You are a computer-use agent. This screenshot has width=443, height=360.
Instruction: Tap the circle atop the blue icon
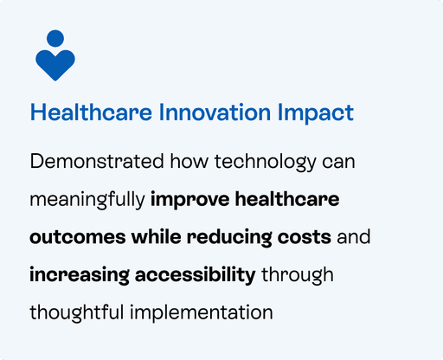click(x=55, y=38)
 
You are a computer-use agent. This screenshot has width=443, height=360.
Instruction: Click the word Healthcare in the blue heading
click(x=91, y=112)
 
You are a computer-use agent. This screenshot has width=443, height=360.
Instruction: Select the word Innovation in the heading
click(x=215, y=112)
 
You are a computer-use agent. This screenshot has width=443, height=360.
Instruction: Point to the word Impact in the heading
click(x=316, y=113)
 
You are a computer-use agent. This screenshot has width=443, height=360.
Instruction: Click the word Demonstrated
click(x=97, y=161)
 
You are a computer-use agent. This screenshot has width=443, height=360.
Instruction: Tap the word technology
click(x=266, y=163)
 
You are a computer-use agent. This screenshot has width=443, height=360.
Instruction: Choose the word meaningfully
click(x=87, y=200)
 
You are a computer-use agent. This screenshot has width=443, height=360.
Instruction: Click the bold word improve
click(x=190, y=200)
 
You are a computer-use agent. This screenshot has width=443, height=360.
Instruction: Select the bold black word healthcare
click(x=287, y=199)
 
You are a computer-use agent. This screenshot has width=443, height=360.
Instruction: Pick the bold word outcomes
click(x=78, y=237)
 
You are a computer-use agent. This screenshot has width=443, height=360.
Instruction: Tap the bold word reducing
click(x=229, y=238)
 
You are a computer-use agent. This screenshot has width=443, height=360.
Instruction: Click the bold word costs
click(x=305, y=237)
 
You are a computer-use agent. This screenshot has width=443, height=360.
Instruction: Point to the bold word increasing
click(x=80, y=275)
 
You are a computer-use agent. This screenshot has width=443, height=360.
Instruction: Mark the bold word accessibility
click(x=196, y=275)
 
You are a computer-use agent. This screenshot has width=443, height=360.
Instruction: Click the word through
click(x=298, y=275)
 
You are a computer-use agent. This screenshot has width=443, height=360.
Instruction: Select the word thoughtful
click(x=77, y=312)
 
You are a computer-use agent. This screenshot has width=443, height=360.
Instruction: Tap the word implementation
click(x=202, y=313)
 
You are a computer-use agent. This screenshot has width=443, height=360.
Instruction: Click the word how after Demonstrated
click(x=189, y=161)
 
